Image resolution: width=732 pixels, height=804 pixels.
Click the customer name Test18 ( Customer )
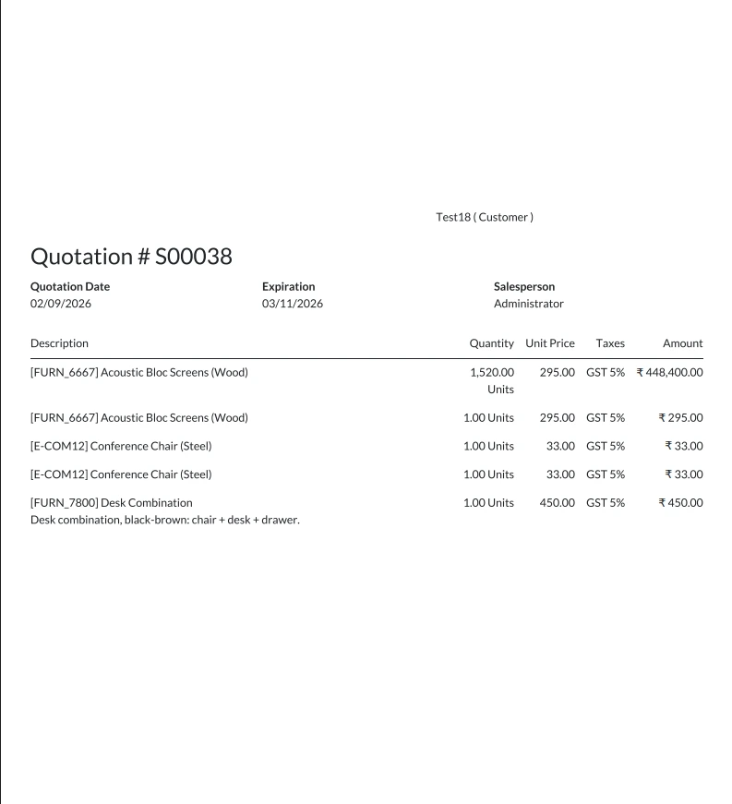click(x=484, y=217)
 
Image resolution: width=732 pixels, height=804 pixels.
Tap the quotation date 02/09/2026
click(x=61, y=303)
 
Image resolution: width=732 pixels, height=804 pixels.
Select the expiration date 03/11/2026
click(x=293, y=303)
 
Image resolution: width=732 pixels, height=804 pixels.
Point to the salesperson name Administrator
click(x=528, y=303)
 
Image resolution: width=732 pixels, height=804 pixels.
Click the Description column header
click(x=59, y=343)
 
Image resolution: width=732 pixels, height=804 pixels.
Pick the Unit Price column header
click(x=550, y=343)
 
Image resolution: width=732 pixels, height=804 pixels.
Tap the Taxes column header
click(x=610, y=343)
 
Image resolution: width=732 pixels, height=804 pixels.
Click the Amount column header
click(x=683, y=343)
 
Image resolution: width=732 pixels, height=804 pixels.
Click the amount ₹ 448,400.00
click(x=670, y=372)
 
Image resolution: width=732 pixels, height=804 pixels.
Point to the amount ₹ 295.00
click(x=681, y=417)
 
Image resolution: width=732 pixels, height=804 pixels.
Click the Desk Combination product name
click(x=112, y=503)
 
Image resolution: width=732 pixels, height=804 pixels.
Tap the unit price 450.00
click(x=558, y=503)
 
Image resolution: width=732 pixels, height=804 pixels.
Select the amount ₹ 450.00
click(x=681, y=503)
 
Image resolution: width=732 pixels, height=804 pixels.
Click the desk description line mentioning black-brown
click(x=165, y=520)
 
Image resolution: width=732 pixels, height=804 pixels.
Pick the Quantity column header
click(x=491, y=343)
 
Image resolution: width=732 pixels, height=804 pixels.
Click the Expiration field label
click(x=288, y=286)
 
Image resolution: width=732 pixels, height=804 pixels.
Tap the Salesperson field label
click(x=524, y=286)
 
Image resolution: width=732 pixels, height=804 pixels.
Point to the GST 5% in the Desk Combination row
click(x=606, y=503)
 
